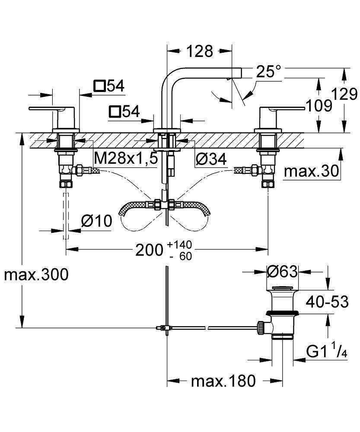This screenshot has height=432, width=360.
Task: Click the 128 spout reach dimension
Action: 200,51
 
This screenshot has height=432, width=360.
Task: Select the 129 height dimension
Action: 344,94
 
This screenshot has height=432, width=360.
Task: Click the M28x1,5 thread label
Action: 126,159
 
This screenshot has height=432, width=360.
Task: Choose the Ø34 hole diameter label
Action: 211,159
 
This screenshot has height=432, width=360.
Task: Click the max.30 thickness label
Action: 311,172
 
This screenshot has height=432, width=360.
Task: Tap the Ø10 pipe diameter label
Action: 96,221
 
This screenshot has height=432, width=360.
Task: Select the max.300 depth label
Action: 36,274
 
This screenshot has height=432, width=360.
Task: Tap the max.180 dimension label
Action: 223,381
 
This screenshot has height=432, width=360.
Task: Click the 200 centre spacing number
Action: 150,250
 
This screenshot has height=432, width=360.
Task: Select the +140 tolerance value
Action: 178,245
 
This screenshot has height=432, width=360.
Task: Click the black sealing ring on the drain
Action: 282,313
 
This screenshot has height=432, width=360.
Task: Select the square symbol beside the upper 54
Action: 100,86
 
